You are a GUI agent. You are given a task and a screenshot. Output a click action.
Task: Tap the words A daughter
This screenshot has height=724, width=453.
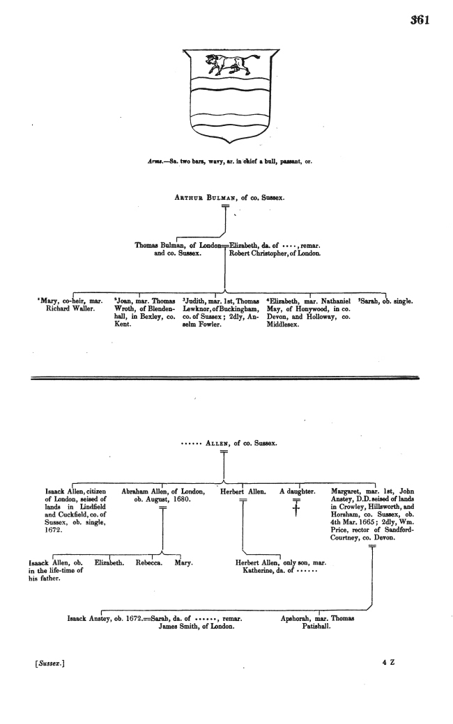click(298, 491)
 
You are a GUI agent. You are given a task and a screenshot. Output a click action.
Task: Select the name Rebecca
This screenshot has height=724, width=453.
click(146, 562)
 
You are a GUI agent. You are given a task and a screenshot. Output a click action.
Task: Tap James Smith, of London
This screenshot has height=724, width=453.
click(197, 626)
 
